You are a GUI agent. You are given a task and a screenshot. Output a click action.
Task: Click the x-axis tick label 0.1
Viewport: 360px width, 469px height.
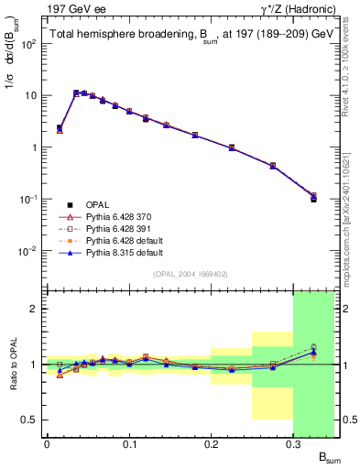point(129,445)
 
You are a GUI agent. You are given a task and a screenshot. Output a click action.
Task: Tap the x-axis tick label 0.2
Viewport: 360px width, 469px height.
point(212,445)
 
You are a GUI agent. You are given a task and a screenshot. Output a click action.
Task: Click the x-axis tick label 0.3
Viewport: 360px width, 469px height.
point(294,445)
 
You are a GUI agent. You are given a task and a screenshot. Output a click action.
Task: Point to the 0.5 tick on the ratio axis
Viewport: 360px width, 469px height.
point(32,420)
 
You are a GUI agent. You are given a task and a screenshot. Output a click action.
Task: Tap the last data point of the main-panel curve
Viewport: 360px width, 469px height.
point(313,197)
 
